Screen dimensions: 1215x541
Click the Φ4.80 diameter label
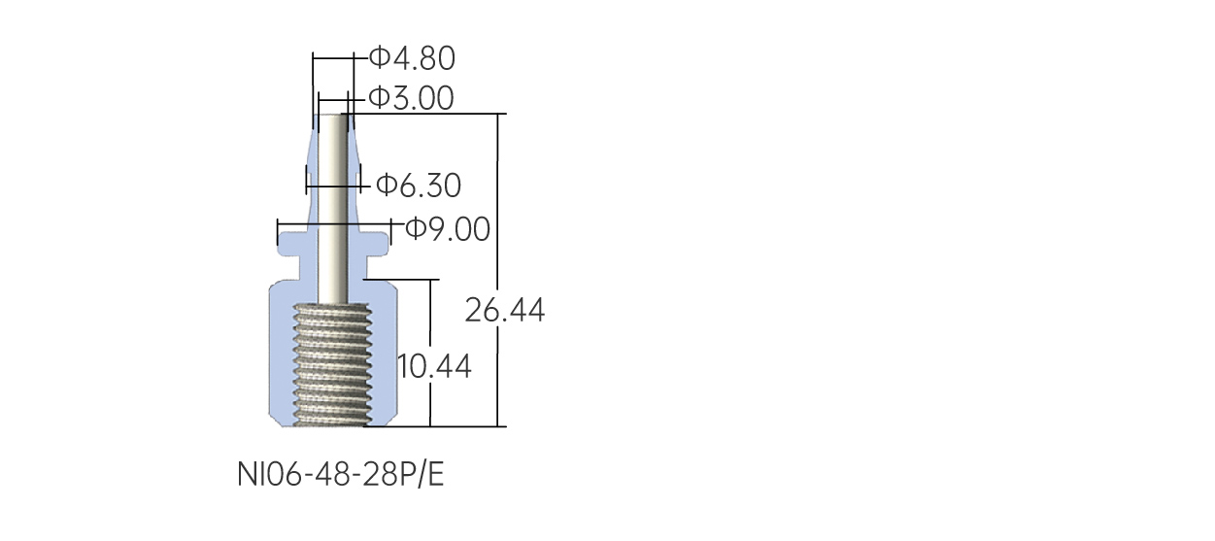[x=412, y=58]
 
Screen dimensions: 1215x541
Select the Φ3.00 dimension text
[x=411, y=98]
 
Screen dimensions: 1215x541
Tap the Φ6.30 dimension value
[x=419, y=186]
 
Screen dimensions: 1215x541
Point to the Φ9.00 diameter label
[x=448, y=228]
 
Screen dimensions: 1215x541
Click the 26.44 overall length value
[x=504, y=311]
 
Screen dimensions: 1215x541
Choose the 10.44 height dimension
[x=434, y=366]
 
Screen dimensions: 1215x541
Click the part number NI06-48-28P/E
[x=341, y=474]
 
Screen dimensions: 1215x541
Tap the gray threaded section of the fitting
[x=333, y=364]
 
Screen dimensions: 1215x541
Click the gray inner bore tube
[x=332, y=209]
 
